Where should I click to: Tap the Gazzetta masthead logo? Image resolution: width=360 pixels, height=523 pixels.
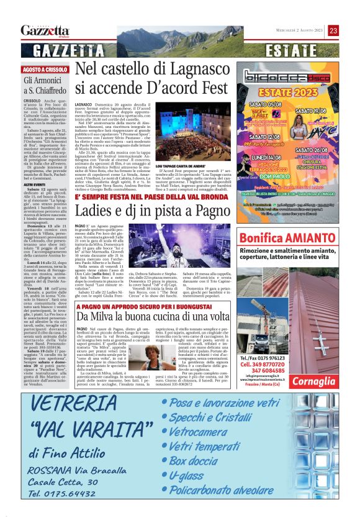click(45, 30)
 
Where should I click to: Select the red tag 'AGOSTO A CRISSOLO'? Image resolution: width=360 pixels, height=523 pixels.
click(45, 70)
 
